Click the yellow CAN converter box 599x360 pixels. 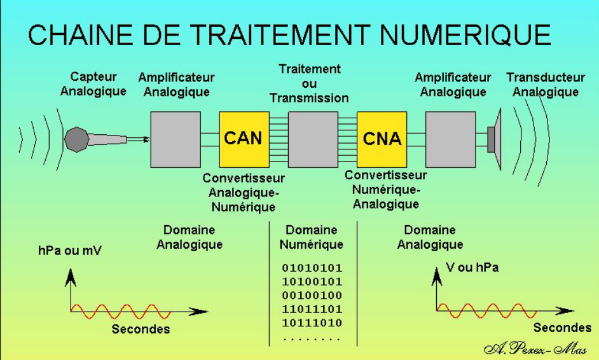coord(244,139)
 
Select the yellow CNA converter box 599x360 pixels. coord(382,139)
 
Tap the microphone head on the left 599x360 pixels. coord(76,139)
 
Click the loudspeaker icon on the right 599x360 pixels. coord(495,139)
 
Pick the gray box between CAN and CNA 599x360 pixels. coord(313,139)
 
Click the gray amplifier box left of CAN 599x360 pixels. coord(176,139)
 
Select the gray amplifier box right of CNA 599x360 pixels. coord(450,139)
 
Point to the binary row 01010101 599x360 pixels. coord(312,268)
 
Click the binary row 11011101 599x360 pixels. coord(312,309)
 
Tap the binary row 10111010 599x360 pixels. coord(312,323)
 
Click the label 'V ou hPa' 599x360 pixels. coord(472,268)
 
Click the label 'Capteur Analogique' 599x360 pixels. coord(93,84)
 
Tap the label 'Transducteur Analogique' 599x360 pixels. coord(546,85)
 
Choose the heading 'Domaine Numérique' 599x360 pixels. coord(312,237)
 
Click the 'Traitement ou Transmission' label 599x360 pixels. coord(310,83)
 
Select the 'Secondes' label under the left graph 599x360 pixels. coord(141,329)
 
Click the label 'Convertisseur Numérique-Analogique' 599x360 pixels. coord(386,190)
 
